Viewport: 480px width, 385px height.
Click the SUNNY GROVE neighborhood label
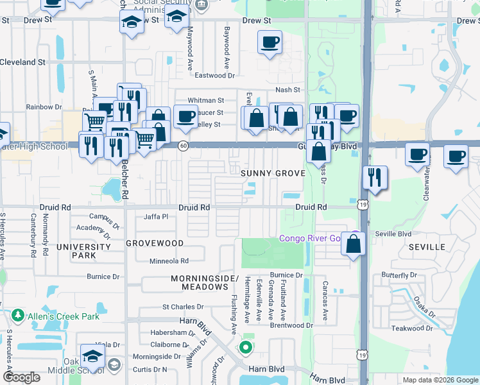pos(273,174)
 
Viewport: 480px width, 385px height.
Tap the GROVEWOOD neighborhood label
pos(155,244)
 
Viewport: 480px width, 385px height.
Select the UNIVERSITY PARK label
pos(84,251)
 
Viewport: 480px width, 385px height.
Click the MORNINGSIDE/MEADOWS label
pos(200,282)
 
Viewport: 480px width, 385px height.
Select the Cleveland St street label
pos(22,63)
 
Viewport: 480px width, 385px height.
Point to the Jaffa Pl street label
pos(155,216)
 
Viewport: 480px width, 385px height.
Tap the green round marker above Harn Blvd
pos(244,348)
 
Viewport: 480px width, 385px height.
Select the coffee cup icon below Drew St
pos(270,43)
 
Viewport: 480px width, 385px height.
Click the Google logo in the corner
pos(21,377)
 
